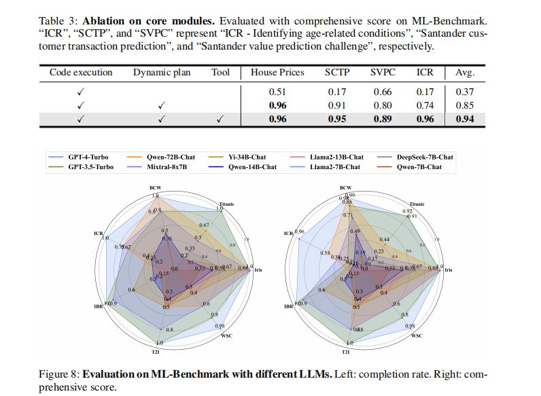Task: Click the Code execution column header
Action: [x=81, y=73]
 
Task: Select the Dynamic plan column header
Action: [x=162, y=73]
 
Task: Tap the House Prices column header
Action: [x=277, y=73]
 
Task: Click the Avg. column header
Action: [x=464, y=73]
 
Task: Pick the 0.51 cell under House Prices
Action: [x=277, y=92]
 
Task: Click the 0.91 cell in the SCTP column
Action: [x=336, y=105]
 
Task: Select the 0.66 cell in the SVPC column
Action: [x=383, y=92]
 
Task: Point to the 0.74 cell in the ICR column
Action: [x=425, y=105]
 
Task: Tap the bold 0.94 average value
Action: [x=464, y=120]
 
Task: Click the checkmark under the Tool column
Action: [x=220, y=120]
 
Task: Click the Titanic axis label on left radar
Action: [x=228, y=202]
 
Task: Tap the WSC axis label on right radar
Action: [x=417, y=336]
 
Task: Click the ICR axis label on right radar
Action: [x=288, y=234]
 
